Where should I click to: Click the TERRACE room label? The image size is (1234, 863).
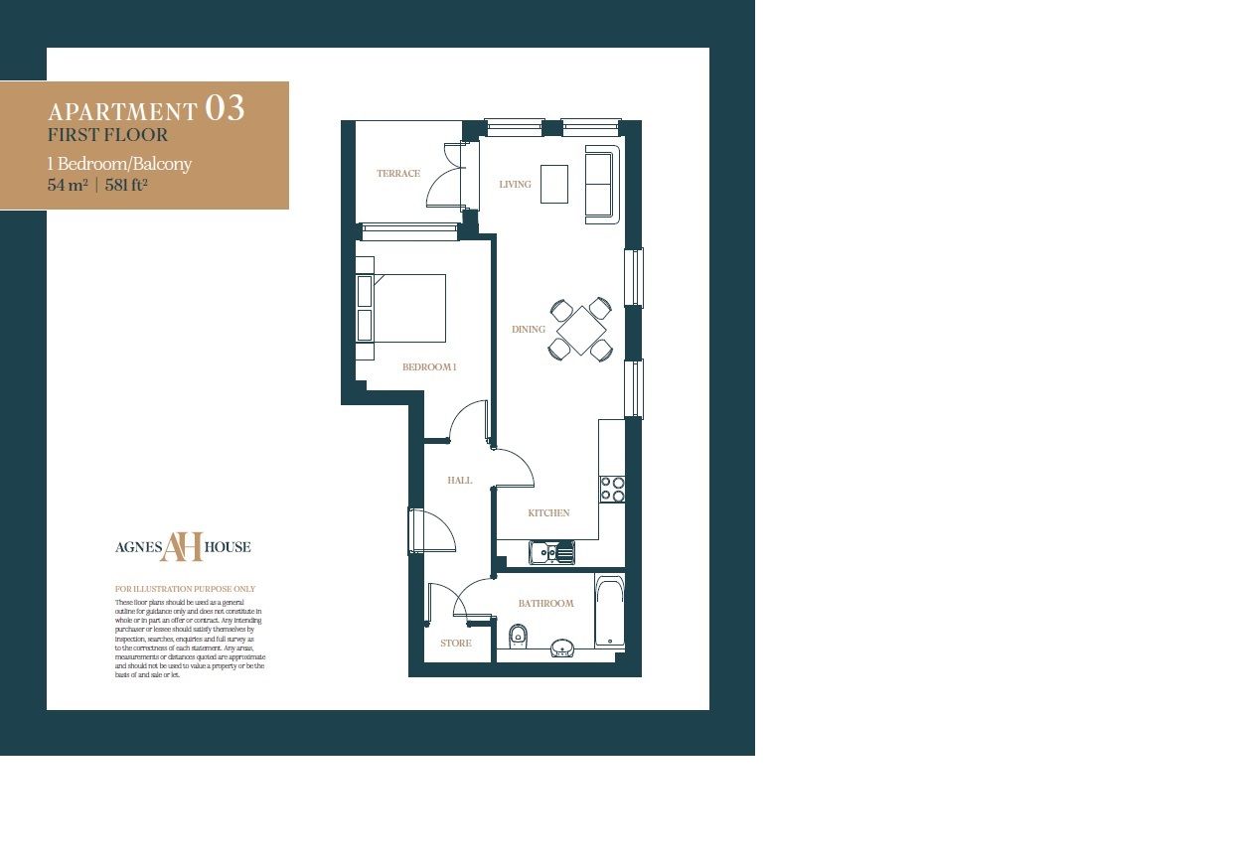(397, 174)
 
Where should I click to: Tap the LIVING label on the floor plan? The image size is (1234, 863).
(515, 185)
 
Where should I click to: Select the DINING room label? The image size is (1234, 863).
(528, 330)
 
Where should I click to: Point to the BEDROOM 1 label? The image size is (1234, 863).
(429, 367)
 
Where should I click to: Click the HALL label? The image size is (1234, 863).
(459, 481)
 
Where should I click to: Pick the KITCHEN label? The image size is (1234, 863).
(548, 513)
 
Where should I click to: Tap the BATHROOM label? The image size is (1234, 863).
(545, 604)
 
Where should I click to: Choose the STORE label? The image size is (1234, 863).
(456, 644)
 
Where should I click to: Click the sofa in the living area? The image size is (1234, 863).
(602, 184)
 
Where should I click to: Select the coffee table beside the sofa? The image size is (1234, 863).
(554, 184)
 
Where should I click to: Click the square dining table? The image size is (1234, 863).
(580, 330)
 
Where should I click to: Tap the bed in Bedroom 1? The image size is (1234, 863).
(407, 308)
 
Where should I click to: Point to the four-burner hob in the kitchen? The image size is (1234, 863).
(612, 489)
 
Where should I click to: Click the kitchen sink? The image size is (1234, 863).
(551, 552)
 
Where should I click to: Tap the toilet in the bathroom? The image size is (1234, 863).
(517, 634)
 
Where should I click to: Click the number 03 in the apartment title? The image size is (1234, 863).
(225, 108)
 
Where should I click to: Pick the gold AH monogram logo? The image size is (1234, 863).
(182, 546)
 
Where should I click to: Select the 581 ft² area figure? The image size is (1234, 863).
(126, 185)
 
